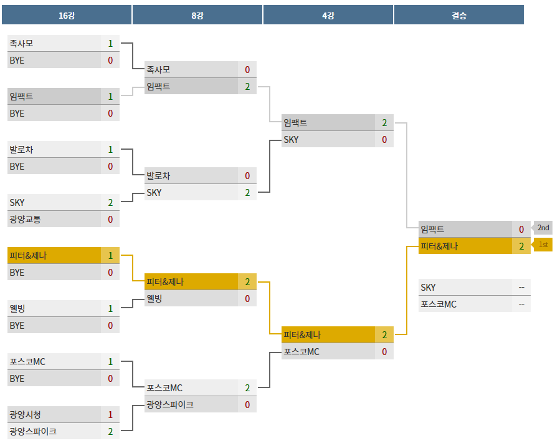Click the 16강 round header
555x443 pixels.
pyautogui.click(x=66, y=15)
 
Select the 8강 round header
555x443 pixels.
pyautogui.click(x=197, y=15)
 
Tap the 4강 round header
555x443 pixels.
pyautogui.click(x=328, y=15)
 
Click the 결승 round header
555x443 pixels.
pyautogui.click(x=458, y=15)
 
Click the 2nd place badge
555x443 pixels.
pyautogui.click(x=543, y=228)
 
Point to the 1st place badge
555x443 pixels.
pyautogui.click(x=543, y=245)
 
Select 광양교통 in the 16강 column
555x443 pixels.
pyautogui.click(x=26, y=219)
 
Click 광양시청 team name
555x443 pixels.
pyautogui.click(x=26, y=414)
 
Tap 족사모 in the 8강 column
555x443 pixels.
pyautogui.click(x=158, y=70)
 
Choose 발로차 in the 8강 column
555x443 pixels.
pyautogui.click(x=158, y=176)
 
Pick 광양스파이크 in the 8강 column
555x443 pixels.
pyautogui.click(x=169, y=404)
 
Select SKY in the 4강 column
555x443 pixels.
pyautogui.click(x=291, y=140)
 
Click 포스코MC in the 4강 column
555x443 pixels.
pyautogui.click(x=301, y=352)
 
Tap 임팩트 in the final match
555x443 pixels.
pyautogui.click(x=432, y=229)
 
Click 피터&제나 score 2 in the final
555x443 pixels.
pyautogui.click(x=521, y=246)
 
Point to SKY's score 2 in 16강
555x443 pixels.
pyautogui.click(x=110, y=202)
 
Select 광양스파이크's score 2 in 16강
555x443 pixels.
pyautogui.click(x=110, y=431)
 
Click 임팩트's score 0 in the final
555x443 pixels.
pyautogui.click(x=521, y=229)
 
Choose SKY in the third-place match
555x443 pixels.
pyautogui.click(x=428, y=288)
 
